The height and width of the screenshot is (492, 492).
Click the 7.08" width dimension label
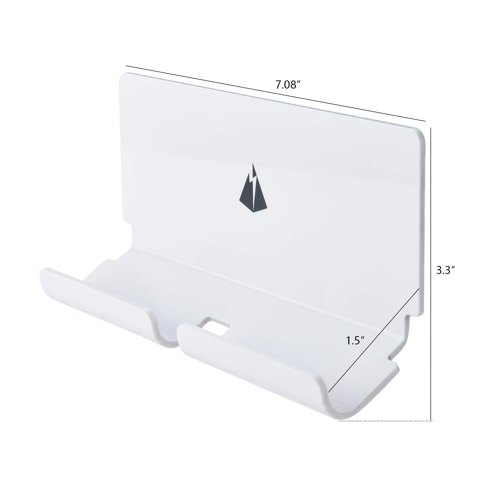click(x=287, y=85)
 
